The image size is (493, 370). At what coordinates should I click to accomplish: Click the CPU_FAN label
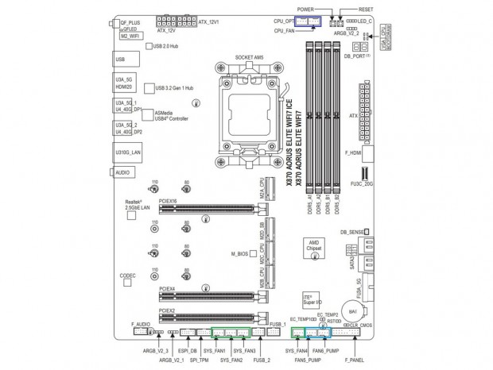pos(285,30)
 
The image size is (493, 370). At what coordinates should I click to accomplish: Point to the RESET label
pos(366,7)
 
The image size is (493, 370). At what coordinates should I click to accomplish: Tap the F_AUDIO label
pos(141,324)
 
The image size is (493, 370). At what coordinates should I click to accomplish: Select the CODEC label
pos(127,276)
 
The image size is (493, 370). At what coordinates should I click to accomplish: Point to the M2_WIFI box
pos(130,37)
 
